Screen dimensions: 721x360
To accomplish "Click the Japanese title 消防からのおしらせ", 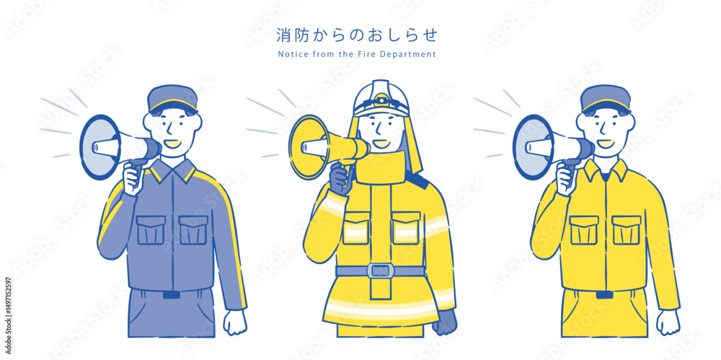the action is (x=356, y=35).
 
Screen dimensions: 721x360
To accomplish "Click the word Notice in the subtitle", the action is (x=290, y=54).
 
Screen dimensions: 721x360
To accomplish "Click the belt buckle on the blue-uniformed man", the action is (x=172, y=294).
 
